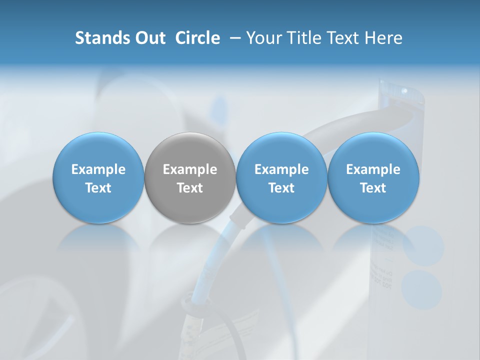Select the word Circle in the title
click(197, 38)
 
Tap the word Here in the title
click(385, 38)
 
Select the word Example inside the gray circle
click(190, 169)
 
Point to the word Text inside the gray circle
click(190, 188)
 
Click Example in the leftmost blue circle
click(98, 169)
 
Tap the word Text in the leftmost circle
click(98, 188)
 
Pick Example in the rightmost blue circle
click(373, 169)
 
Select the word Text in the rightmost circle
click(373, 188)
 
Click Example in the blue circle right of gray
click(281, 169)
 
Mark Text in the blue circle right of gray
click(281, 188)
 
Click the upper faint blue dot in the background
click(423, 245)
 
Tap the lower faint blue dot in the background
click(421, 289)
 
